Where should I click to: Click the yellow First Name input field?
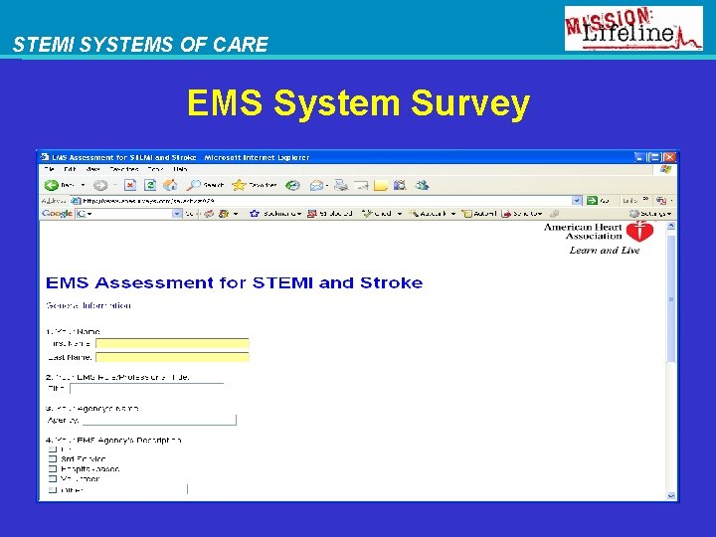pos(172,343)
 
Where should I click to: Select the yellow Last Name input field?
pos(172,356)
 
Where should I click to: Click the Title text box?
pos(146,389)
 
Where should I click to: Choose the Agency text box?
pos(158,420)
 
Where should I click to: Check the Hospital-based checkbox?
pos(53,469)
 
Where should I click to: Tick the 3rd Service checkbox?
pos(53,459)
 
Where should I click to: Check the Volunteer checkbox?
pos(53,479)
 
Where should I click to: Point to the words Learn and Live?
pos(604,251)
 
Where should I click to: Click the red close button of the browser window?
pos(669,157)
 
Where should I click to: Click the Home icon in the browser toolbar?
pos(168,185)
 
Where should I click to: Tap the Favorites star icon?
pos(239,185)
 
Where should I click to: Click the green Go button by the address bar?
pos(593,200)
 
